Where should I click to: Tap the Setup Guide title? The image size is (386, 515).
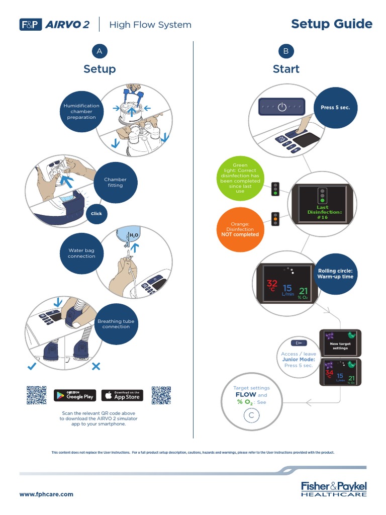pos(332,24)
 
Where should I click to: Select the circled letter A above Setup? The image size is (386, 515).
pos(100,51)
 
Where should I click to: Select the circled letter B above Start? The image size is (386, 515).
pos(286,51)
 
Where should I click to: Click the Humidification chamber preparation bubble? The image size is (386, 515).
pos(81,112)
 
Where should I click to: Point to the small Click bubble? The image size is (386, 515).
pos(96,214)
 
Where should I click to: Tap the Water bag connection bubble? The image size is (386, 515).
pos(81,253)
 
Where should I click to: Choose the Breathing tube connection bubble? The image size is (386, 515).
pos(116,323)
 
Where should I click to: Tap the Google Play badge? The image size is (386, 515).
pos(74,395)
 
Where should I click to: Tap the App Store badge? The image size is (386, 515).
pos(122,395)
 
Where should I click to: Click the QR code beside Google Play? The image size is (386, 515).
pos(36,395)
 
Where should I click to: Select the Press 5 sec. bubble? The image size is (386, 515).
pos(335,108)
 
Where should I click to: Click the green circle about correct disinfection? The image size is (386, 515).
pos(240,179)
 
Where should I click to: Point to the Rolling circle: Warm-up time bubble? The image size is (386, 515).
pos(335,274)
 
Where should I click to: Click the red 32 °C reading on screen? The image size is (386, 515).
pos(272,286)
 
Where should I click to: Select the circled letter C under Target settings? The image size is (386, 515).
pos(251,415)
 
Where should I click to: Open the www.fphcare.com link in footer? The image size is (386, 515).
pos(46,494)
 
